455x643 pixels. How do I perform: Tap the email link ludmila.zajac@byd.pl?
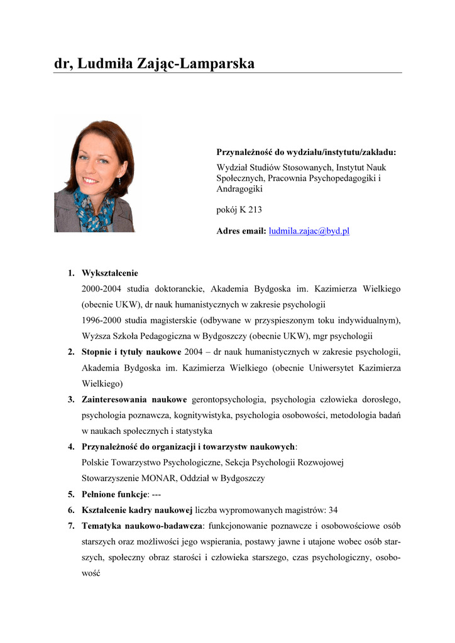309,231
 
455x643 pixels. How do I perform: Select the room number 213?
255,210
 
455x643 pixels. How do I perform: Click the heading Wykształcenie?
110,273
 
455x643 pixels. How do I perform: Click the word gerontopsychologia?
229,399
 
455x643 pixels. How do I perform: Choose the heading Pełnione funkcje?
115,494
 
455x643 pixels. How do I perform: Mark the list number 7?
72,525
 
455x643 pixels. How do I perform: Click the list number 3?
72,399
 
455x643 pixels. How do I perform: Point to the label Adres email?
241,231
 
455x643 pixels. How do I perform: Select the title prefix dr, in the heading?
63,63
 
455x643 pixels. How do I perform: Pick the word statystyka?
194,431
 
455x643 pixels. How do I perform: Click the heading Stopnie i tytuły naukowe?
131,352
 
